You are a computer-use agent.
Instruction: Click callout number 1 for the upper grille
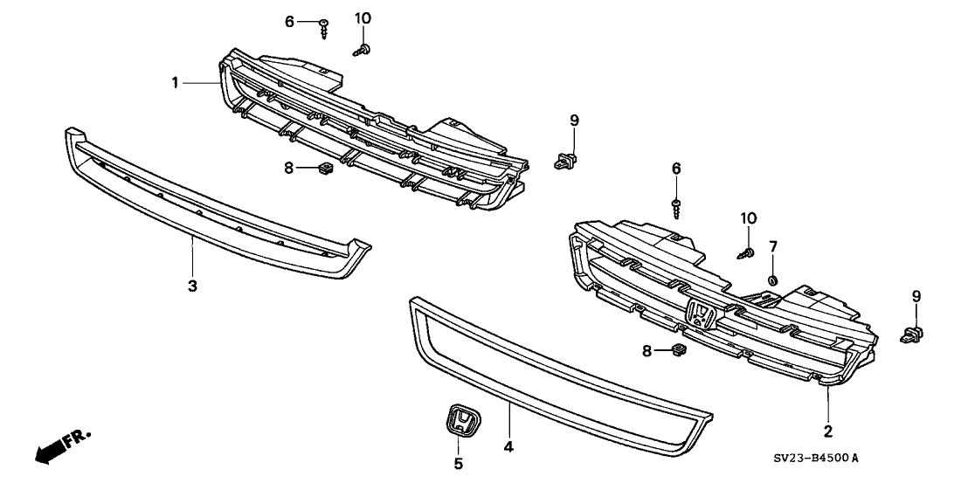[176, 83]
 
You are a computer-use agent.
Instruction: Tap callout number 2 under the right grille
[827, 431]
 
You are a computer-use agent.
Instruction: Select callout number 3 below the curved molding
[193, 286]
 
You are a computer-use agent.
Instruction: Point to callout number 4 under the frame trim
[508, 447]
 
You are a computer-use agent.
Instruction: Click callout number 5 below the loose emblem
[459, 464]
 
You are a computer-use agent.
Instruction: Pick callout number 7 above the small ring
[773, 248]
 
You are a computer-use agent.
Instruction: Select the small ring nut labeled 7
[773, 279]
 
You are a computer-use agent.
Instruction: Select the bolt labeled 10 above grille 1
[363, 50]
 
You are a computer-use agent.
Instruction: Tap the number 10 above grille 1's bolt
[363, 17]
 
